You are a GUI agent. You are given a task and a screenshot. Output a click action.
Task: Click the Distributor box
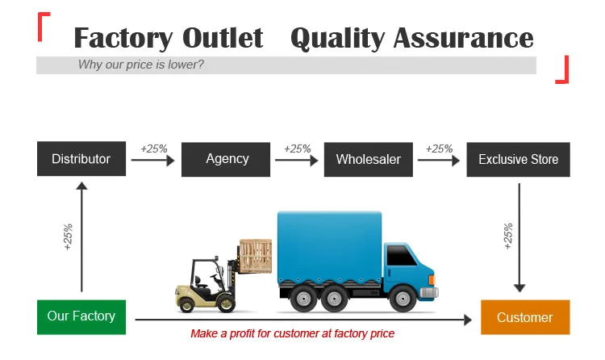[81, 159]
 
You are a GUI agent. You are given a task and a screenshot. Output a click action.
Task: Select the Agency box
[226, 160]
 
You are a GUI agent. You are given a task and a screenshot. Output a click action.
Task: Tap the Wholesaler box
[369, 160]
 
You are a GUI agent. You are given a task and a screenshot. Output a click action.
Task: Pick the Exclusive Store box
[518, 160]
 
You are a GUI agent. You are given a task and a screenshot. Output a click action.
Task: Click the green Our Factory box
[81, 317]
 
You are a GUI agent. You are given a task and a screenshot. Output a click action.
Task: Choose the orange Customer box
[525, 317]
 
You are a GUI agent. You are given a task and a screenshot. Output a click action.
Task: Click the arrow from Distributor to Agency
[152, 160]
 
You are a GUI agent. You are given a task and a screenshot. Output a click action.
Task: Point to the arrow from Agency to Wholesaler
[297, 160]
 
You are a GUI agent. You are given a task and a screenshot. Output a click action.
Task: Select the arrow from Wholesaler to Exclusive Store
[439, 160]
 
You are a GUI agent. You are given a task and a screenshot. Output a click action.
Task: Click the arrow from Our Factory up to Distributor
[81, 237]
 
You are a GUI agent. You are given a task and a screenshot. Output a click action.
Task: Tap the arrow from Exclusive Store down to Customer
[519, 237]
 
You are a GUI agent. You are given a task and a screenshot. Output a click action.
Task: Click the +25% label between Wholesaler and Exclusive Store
[439, 149]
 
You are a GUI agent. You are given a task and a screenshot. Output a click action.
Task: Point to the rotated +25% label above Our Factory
[68, 237]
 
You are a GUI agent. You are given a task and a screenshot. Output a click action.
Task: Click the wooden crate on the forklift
[256, 256]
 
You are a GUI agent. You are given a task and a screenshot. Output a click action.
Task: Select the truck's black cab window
[400, 255]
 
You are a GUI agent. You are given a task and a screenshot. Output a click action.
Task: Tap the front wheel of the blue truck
[403, 299]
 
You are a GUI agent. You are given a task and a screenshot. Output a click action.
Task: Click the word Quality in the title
[338, 39]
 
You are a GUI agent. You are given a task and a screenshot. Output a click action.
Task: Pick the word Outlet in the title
[223, 38]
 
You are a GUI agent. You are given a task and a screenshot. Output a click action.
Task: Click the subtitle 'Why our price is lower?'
[141, 65]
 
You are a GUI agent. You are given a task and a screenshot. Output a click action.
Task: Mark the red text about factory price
[293, 333]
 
